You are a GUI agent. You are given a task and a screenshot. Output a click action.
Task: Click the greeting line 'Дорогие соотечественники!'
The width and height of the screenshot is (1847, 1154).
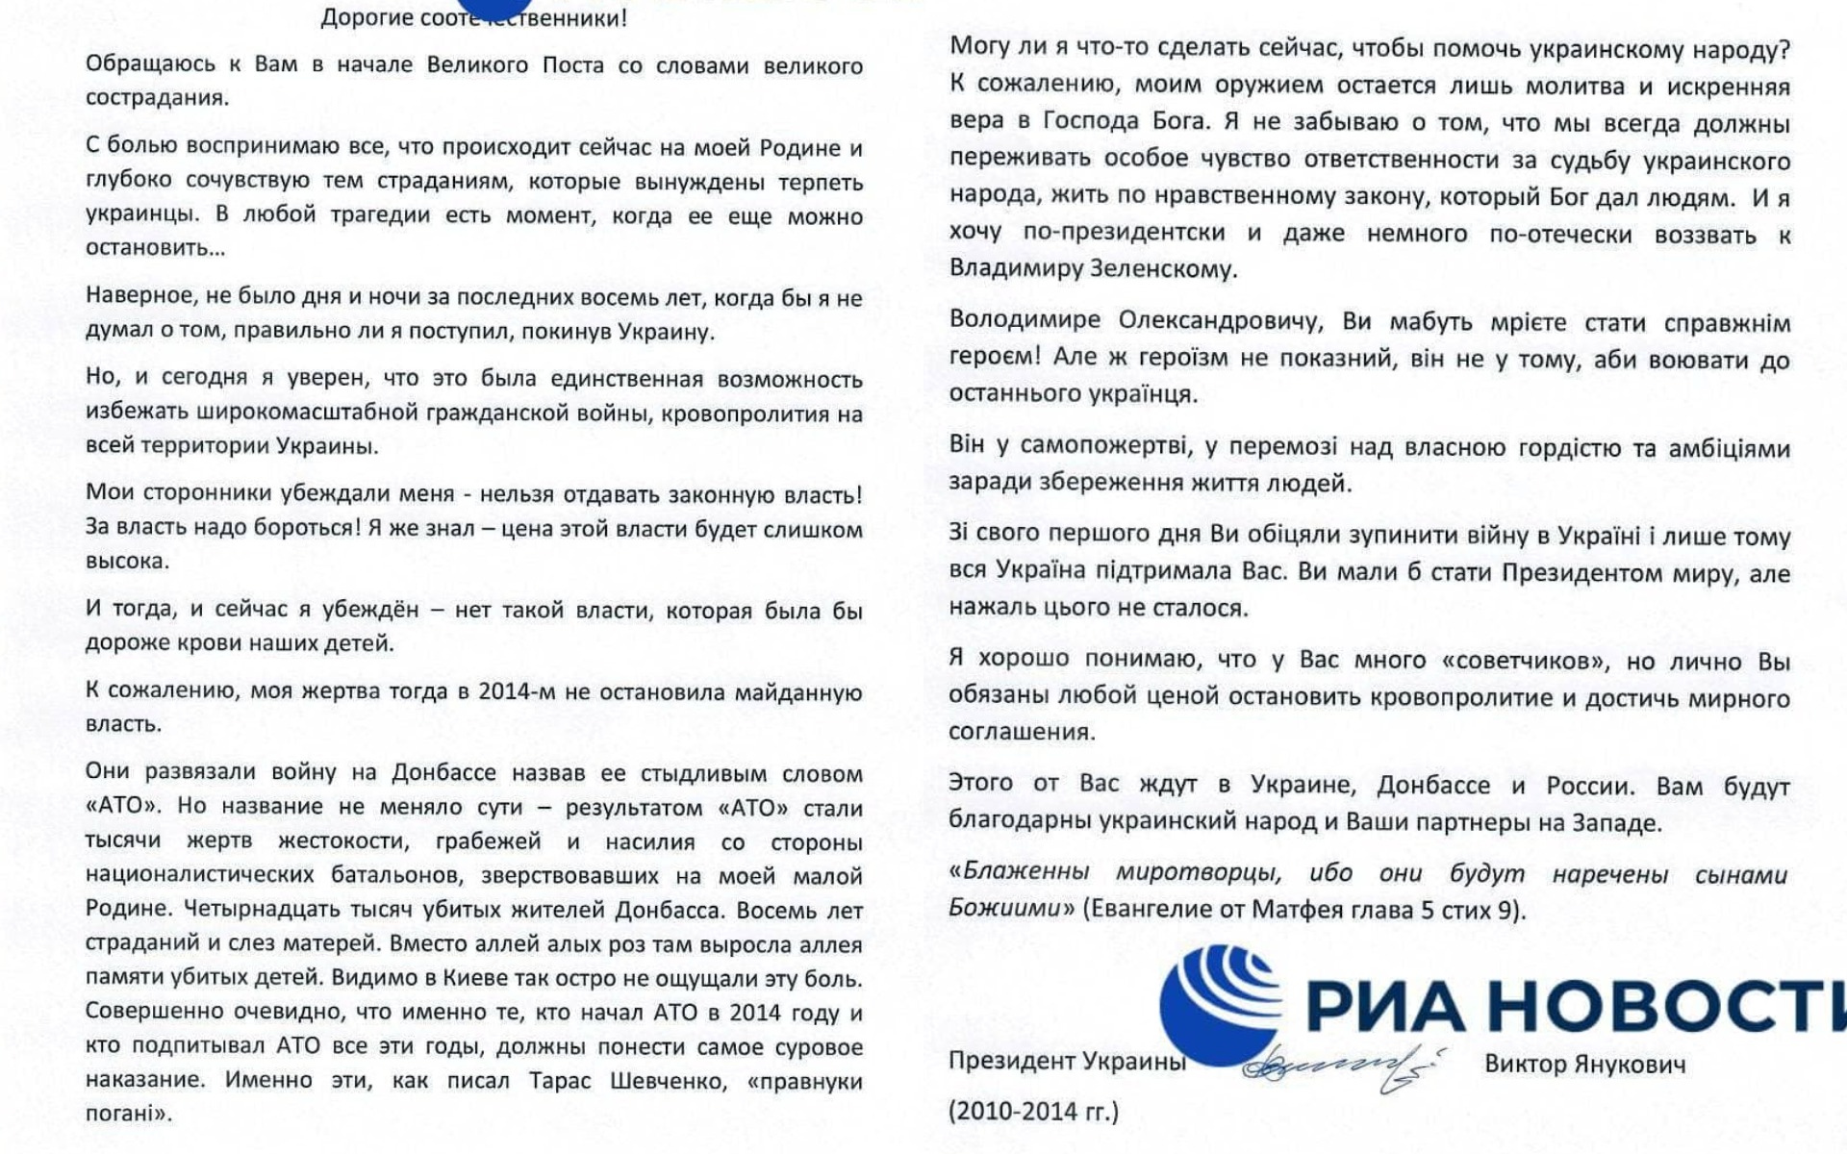[x=473, y=17]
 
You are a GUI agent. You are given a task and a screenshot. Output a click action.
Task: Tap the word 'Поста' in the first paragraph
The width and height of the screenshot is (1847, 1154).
[x=573, y=65]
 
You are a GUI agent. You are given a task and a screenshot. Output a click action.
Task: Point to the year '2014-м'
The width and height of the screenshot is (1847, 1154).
[x=517, y=691]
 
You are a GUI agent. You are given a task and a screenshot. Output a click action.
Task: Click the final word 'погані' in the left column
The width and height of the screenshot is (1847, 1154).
[x=127, y=1114]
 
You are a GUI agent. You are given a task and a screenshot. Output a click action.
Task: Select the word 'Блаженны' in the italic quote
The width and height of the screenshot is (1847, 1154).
[x=1025, y=872]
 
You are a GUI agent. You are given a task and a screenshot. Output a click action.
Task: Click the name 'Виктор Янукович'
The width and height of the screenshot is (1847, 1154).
[x=1584, y=1065]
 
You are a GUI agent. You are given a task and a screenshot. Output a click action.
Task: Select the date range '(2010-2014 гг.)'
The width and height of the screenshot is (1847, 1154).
[x=1033, y=1112]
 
